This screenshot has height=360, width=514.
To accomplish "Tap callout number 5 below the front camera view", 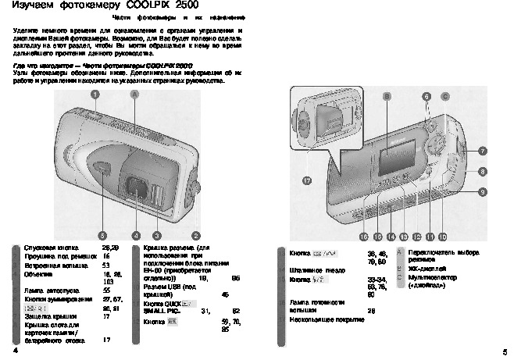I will pyautogui.click(x=102, y=234).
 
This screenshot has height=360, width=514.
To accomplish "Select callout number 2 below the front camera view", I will pyautogui.click(x=195, y=234).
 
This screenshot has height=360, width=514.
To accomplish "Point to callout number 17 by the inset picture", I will pyautogui.click(x=306, y=180).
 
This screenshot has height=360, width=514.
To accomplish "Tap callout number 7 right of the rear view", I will pyautogui.click(x=483, y=150).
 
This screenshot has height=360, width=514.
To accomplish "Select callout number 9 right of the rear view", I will pyautogui.click(x=483, y=191).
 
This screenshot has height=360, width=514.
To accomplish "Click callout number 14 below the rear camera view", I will pyautogui.click(x=391, y=236).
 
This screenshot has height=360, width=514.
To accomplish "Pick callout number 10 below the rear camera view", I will pyautogui.click(x=442, y=236).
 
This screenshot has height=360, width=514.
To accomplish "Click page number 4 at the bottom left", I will pyautogui.click(x=16, y=351).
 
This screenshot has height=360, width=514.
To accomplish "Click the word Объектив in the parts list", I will pyautogui.click(x=39, y=274).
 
